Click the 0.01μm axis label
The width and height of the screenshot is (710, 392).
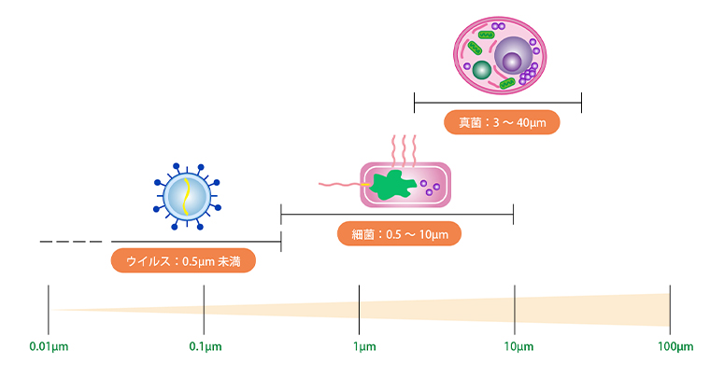(x=49, y=347)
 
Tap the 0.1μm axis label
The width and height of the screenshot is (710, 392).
(x=204, y=347)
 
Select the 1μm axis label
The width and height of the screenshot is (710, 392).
(x=360, y=347)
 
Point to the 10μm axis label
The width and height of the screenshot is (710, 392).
(x=515, y=347)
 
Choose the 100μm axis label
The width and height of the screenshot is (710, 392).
(x=671, y=347)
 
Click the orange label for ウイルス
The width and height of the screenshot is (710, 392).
(x=183, y=261)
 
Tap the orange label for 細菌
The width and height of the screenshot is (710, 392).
(x=399, y=234)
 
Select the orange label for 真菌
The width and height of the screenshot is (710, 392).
(x=502, y=122)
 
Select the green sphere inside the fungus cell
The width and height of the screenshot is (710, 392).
(x=481, y=71)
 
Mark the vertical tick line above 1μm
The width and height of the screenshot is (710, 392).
(x=360, y=308)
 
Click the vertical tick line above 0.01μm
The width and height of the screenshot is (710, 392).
(x=49, y=308)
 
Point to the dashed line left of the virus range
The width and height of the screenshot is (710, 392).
(x=71, y=241)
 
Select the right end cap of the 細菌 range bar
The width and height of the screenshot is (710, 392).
(x=514, y=215)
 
